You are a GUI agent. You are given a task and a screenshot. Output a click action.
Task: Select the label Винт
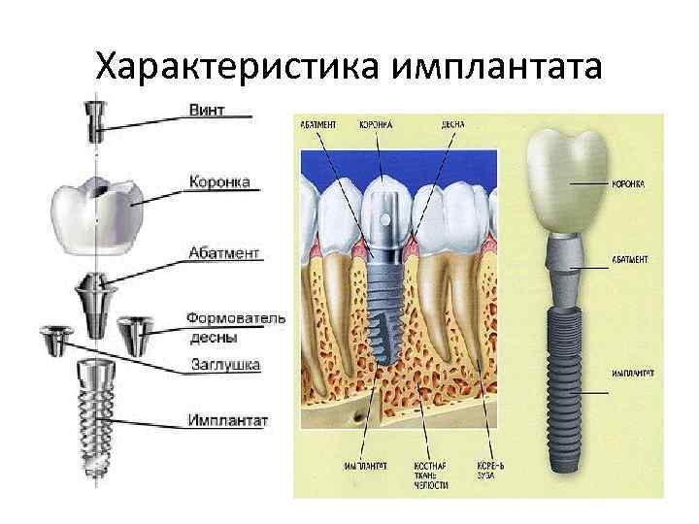205,110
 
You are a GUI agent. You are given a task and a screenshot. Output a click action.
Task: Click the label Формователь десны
236,326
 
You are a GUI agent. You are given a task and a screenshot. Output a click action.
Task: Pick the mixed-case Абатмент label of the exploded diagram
224,252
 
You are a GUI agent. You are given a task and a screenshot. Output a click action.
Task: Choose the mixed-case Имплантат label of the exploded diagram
229,421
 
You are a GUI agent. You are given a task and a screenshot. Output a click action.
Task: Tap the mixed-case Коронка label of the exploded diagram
218,181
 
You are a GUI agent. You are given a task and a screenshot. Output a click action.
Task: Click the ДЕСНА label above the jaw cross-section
452,125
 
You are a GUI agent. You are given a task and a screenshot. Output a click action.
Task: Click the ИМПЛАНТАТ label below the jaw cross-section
360,467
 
